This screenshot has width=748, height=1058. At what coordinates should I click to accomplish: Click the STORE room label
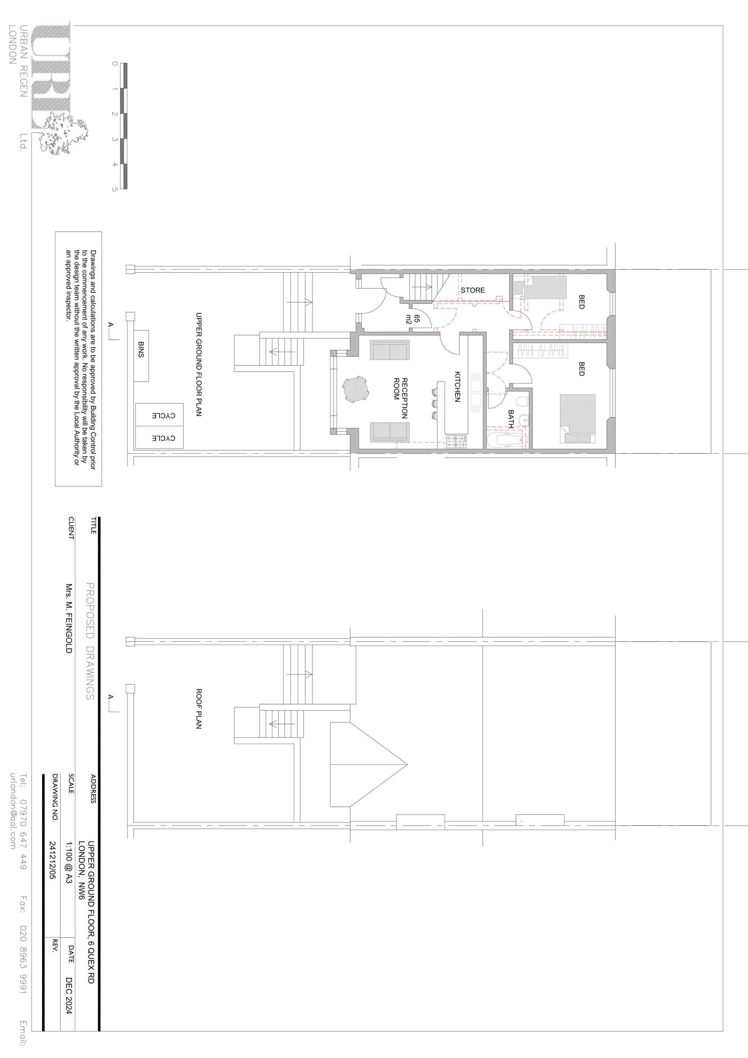473,290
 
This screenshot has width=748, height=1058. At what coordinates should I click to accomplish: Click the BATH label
510,419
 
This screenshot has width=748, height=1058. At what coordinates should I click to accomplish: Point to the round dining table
355,389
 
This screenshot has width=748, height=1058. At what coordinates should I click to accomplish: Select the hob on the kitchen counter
456,441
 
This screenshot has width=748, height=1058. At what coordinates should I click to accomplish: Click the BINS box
141,355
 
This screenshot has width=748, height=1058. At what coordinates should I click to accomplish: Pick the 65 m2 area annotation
413,319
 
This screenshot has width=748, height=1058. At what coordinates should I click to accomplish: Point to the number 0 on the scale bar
114,64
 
